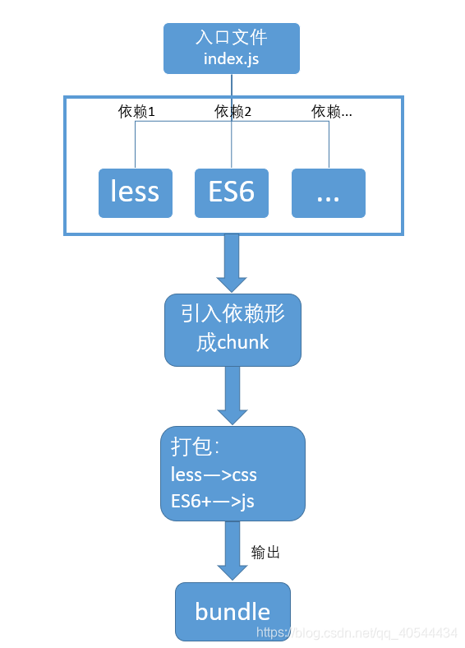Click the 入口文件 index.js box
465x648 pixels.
coord(232,48)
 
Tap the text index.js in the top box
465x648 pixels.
coord(232,59)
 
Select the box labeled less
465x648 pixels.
coord(135,192)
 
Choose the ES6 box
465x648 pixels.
coord(232,192)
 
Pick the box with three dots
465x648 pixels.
coord(328,192)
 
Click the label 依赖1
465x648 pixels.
coord(136,112)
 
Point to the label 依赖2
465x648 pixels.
coord(232,112)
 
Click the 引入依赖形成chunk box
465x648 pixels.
coord(232,329)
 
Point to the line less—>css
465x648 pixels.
coord(214,474)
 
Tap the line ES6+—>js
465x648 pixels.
coord(213,501)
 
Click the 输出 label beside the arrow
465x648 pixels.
coord(265,553)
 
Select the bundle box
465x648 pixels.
coord(232,611)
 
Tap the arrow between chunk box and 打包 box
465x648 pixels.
coord(232,395)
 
